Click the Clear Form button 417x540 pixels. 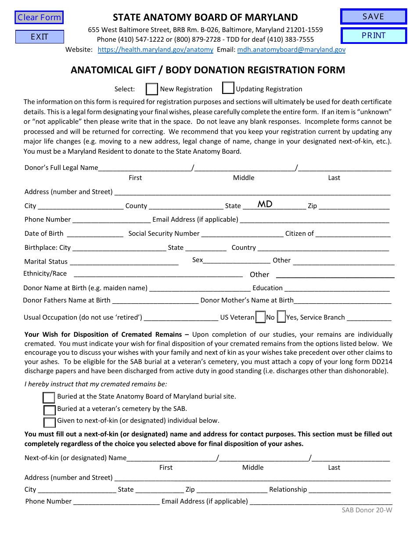tap(39, 18)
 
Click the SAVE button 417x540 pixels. tap(374, 17)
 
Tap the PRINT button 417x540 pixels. tap(374, 36)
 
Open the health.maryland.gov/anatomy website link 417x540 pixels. tap(155, 50)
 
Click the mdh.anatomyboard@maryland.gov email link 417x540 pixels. tap(291, 50)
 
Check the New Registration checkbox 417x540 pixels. tap(152, 89)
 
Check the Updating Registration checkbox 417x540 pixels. tap(228, 88)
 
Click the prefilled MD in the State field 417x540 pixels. tap(265, 204)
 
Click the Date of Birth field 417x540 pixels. tap(95, 233)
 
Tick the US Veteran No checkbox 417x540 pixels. tap(260, 317)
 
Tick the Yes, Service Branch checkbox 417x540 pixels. tap(281, 317)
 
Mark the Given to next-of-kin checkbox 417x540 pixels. tap(49, 422)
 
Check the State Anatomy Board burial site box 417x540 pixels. tap(49, 397)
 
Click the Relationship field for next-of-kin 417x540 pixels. tap(349, 489)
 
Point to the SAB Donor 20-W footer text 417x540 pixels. tap(367, 510)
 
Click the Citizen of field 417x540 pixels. tap(353, 233)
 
